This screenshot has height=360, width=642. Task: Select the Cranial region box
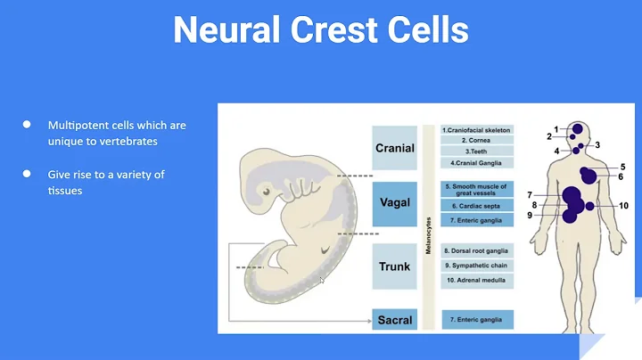point(394,148)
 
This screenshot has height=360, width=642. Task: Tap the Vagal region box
point(394,203)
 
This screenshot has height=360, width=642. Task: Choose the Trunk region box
point(394,266)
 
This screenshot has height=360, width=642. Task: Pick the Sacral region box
point(394,318)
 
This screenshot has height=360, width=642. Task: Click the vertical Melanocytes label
point(429,236)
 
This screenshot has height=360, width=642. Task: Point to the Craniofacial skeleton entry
point(477,130)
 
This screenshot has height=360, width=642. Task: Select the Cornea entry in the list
point(477,141)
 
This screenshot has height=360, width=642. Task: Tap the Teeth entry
point(477,151)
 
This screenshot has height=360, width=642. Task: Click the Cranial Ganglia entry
point(477,163)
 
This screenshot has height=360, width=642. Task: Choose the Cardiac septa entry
point(477,205)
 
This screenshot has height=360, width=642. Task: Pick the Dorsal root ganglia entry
point(477,251)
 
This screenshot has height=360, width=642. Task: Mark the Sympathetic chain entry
point(477,266)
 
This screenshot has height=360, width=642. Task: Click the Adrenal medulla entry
point(477,280)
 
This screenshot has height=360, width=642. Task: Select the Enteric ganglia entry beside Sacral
point(477,318)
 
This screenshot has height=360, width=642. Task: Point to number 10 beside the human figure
point(623,206)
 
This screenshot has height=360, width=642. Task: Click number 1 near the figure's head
point(556,129)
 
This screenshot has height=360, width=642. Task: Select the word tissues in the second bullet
point(65,190)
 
